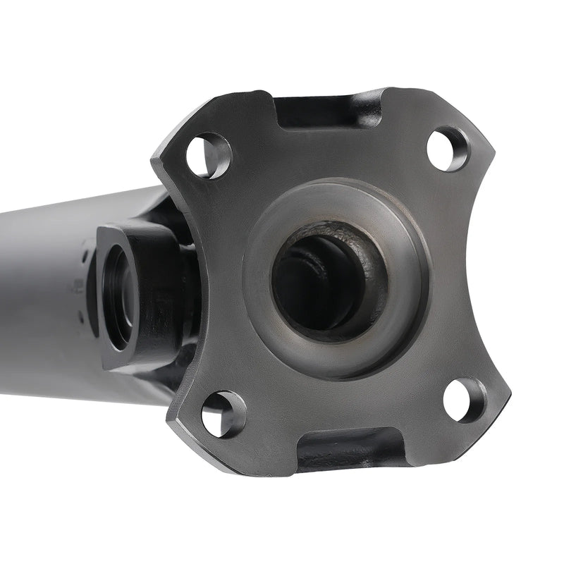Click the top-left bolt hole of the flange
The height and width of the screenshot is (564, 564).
(208, 154)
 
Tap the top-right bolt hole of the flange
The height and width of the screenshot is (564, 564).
(447, 148)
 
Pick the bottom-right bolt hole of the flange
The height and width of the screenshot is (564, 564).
(465, 400)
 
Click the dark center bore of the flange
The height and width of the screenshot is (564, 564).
(321, 282)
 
